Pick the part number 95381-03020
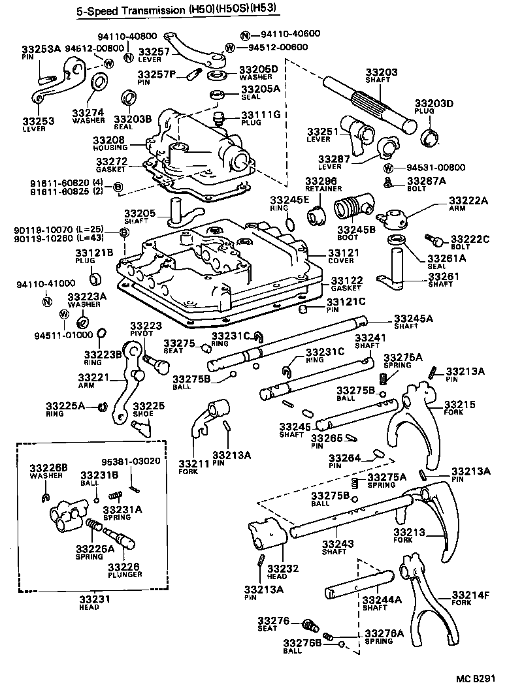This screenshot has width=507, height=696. point(130,461)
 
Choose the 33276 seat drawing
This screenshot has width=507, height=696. point(310,625)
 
